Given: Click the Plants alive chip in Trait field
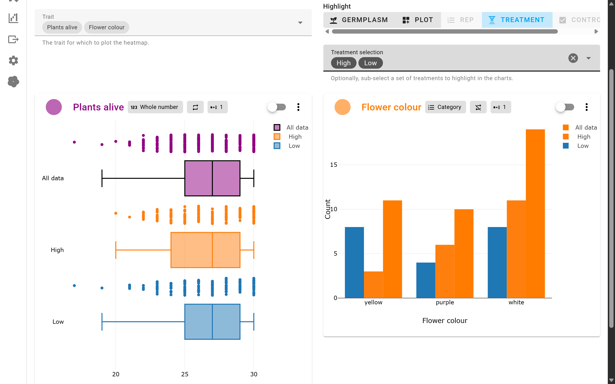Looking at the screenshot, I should pyautogui.click(x=62, y=27).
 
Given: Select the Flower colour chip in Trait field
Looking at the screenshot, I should pyautogui.click(x=106, y=27).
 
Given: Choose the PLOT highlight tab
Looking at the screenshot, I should pyautogui.click(x=418, y=20).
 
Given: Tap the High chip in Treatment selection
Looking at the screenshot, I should pyautogui.click(x=343, y=63).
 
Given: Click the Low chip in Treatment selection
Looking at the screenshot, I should pyautogui.click(x=370, y=63).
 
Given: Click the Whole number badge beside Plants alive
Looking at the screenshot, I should pyautogui.click(x=155, y=107).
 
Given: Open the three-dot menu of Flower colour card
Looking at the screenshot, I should pyautogui.click(x=586, y=107).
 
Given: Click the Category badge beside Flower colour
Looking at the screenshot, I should pyautogui.click(x=445, y=107).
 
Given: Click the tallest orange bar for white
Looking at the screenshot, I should pyautogui.click(x=535, y=213).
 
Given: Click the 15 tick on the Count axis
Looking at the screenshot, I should pyautogui.click(x=333, y=165).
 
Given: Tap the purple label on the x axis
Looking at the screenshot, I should pyautogui.click(x=444, y=302).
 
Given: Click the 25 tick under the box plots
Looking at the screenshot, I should pyautogui.click(x=185, y=374).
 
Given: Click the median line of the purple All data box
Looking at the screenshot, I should pyautogui.click(x=212, y=178).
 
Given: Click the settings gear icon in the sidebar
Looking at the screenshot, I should pyautogui.click(x=13, y=60).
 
